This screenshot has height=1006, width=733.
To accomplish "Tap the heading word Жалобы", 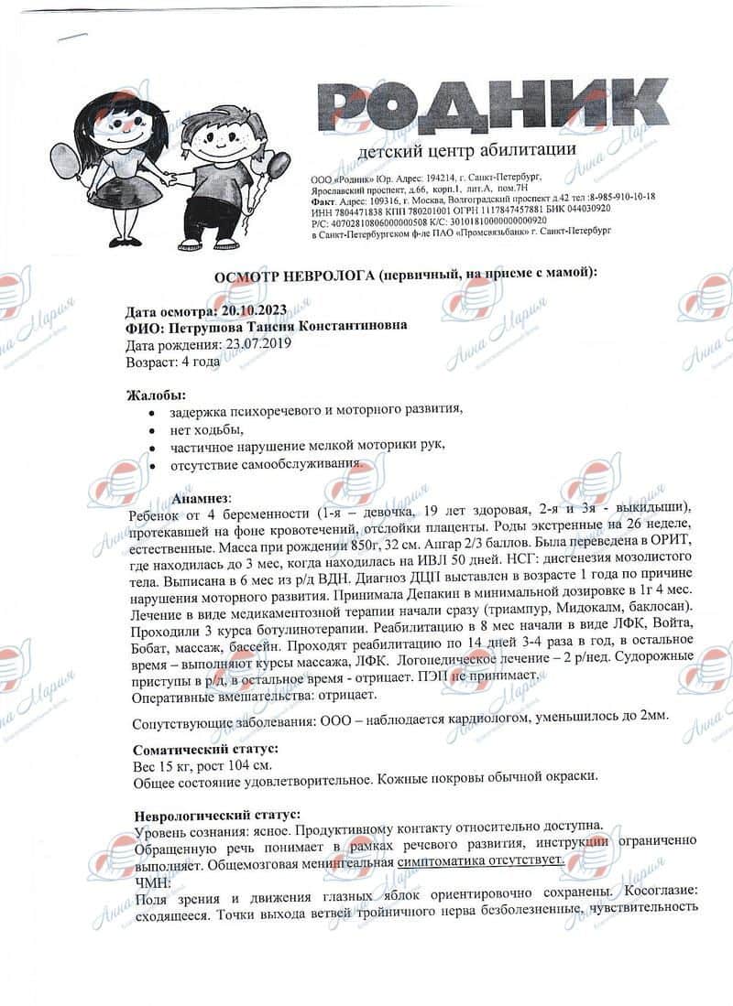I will [154, 395].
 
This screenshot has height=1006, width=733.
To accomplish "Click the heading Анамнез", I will [202, 497].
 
